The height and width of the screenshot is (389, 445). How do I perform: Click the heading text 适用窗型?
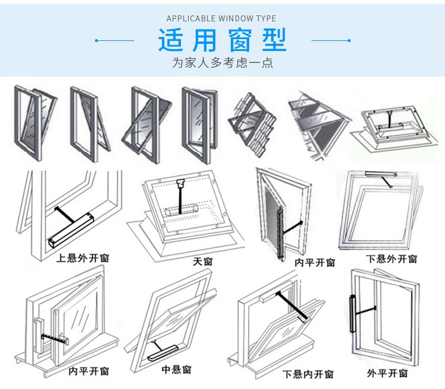point(223,40)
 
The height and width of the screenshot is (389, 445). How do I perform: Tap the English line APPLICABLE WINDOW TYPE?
point(221,19)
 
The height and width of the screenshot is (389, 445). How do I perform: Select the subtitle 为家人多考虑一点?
point(223,63)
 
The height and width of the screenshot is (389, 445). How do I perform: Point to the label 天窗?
point(202,262)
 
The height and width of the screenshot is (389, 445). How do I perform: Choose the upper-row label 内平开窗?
point(314,262)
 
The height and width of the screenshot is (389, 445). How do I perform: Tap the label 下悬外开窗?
point(392,259)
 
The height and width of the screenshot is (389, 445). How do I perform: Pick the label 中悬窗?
point(176,369)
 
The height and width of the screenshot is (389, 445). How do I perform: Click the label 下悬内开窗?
point(308,374)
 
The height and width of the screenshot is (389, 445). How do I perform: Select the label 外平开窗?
point(387,372)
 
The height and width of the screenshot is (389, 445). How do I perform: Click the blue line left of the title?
point(115,40)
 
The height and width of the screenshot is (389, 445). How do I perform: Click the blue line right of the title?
point(330,40)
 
